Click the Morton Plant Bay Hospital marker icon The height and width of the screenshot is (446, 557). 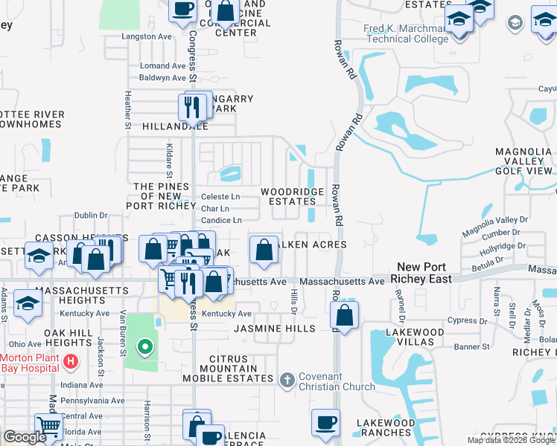click(70, 362)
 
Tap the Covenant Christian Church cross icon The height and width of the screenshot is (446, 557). click(287, 381)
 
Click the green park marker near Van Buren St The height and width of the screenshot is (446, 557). click(145, 346)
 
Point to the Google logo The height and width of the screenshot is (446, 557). click(25, 437)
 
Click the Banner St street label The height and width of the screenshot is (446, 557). click(472, 346)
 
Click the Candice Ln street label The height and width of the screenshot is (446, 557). click(221, 220)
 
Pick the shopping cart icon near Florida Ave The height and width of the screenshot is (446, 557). click(48, 427)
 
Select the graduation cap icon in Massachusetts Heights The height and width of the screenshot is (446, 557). click(28, 304)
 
